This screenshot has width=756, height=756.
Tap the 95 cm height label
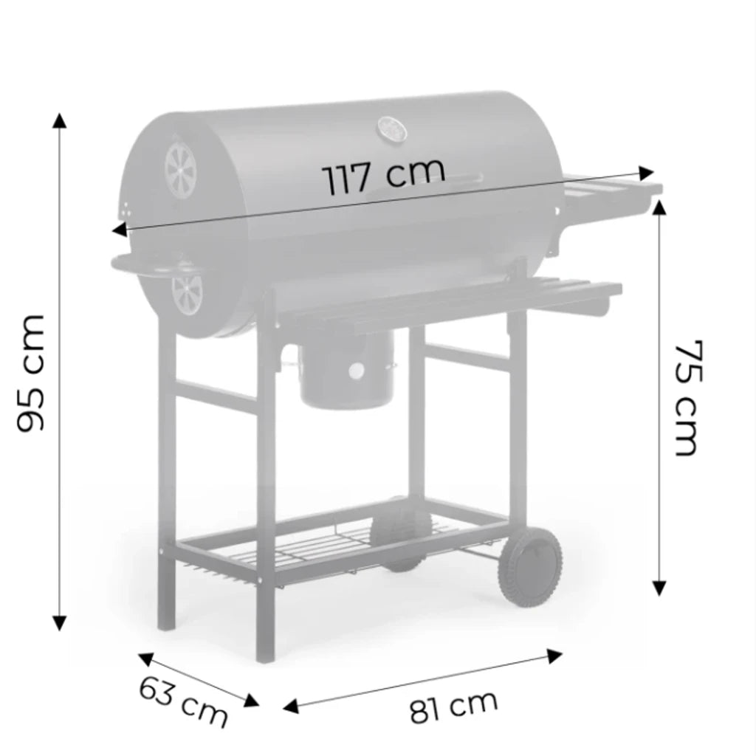pos(31,373)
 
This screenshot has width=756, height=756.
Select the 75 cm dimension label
pos(686,398)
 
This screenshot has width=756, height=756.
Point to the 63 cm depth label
pos(183,701)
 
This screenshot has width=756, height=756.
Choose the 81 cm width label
pos(453,707)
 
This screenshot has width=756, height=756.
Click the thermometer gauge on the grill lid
pos(392,129)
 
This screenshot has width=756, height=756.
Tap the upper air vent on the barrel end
pos(181,171)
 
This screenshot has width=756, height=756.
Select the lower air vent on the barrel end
pos(187,294)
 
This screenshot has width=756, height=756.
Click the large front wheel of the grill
pos(530,566)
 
